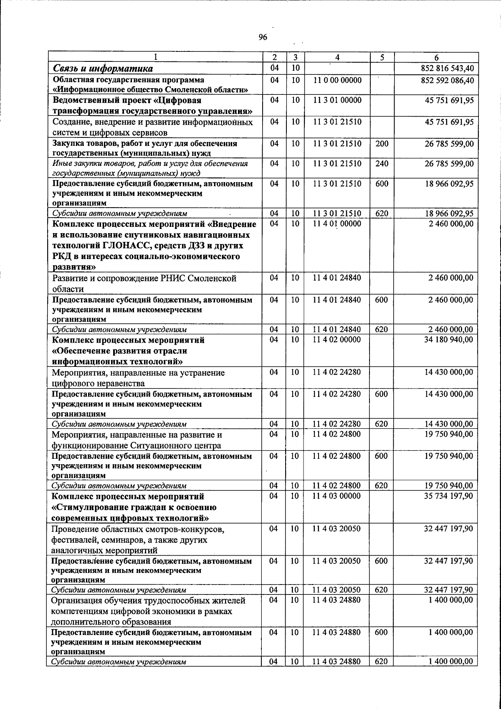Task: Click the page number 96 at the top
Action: point(263,37)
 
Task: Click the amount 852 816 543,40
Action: point(447,69)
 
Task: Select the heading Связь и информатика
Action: point(103,69)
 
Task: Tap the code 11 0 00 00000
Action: point(337,80)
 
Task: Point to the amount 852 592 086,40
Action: point(447,80)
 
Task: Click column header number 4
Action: point(337,58)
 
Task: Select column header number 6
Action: point(436,58)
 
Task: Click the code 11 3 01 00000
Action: point(337,100)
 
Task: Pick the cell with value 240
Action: point(382,164)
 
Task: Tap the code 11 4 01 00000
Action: point(337,224)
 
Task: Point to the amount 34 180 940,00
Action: point(448,340)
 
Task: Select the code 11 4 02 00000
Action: point(337,340)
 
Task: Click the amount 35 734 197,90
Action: point(448,496)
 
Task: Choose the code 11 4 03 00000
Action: point(337,496)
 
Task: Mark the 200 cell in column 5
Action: point(382,144)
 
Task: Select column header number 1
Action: point(155,58)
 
